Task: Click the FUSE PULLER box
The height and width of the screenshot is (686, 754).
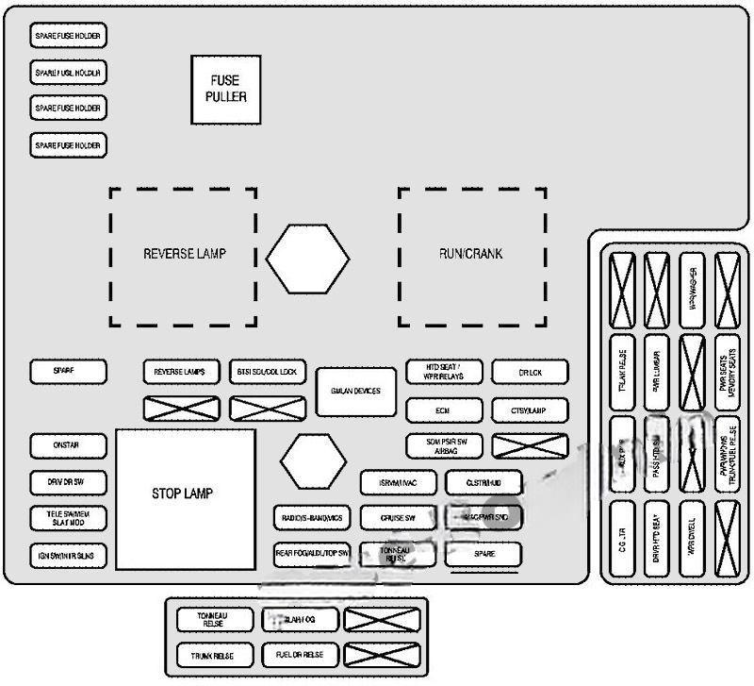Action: pyautogui.click(x=226, y=90)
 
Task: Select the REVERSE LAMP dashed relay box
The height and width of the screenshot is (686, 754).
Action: pyautogui.click(x=183, y=255)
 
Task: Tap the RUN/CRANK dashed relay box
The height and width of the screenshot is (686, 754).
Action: pyautogui.click(x=471, y=255)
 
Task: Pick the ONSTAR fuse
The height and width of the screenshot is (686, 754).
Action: pyautogui.click(x=68, y=445)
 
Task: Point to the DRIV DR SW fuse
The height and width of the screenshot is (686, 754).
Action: pyautogui.click(x=68, y=482)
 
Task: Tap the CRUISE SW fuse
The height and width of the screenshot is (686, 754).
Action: pyautogui.click(x=399, y=518)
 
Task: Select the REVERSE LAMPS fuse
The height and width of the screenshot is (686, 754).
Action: pyautogui.click(x=181, y=372)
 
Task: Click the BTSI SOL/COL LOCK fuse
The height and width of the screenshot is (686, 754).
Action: pyautogui.click(x=267, y=372)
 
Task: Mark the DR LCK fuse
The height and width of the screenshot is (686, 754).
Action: pyautogui.click(x=531, y=372)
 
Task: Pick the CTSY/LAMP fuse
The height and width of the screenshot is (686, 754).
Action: pyautogui.click(x=531, y=410)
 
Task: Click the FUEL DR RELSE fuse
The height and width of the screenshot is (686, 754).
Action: pyautogui.click(x=300, y=655)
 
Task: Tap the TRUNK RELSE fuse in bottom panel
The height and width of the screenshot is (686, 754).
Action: pyautogui.click(x=215, y=655)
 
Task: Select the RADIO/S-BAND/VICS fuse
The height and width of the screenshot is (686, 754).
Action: pyautogui.click(x=313, y=518)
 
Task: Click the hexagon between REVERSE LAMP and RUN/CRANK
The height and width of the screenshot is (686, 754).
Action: pyautogui.click(x=307, y=256)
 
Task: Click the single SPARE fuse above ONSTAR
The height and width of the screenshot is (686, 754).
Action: pyautogui.click(x=68, y=372)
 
